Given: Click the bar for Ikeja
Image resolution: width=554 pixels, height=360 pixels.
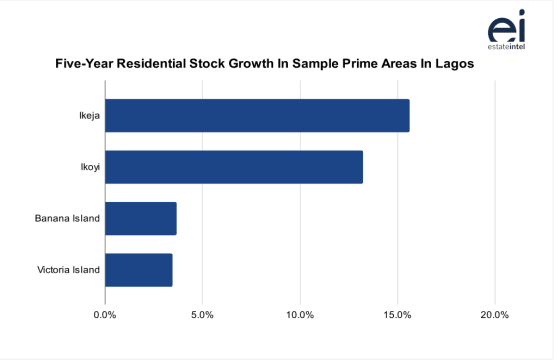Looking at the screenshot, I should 257,116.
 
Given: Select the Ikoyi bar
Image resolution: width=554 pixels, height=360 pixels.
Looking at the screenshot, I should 234,167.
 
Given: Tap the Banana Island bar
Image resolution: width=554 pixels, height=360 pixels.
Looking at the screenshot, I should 140,218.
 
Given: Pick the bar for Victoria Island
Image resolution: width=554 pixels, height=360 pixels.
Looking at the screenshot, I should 138,270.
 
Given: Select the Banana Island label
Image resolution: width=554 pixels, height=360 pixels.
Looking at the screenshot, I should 67,218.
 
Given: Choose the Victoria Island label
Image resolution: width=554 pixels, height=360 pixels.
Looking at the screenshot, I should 68,270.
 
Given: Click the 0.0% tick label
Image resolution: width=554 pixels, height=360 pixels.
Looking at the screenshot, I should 105,315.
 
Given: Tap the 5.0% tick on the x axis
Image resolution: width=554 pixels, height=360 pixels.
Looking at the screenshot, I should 202,315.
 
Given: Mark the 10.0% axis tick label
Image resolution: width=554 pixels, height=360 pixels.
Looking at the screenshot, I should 300,315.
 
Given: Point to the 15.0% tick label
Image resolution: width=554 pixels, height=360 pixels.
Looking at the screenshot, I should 397,315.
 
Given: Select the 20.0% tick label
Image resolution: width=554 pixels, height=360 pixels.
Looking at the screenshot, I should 494,315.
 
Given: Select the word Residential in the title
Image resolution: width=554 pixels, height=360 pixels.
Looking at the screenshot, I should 159,63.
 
